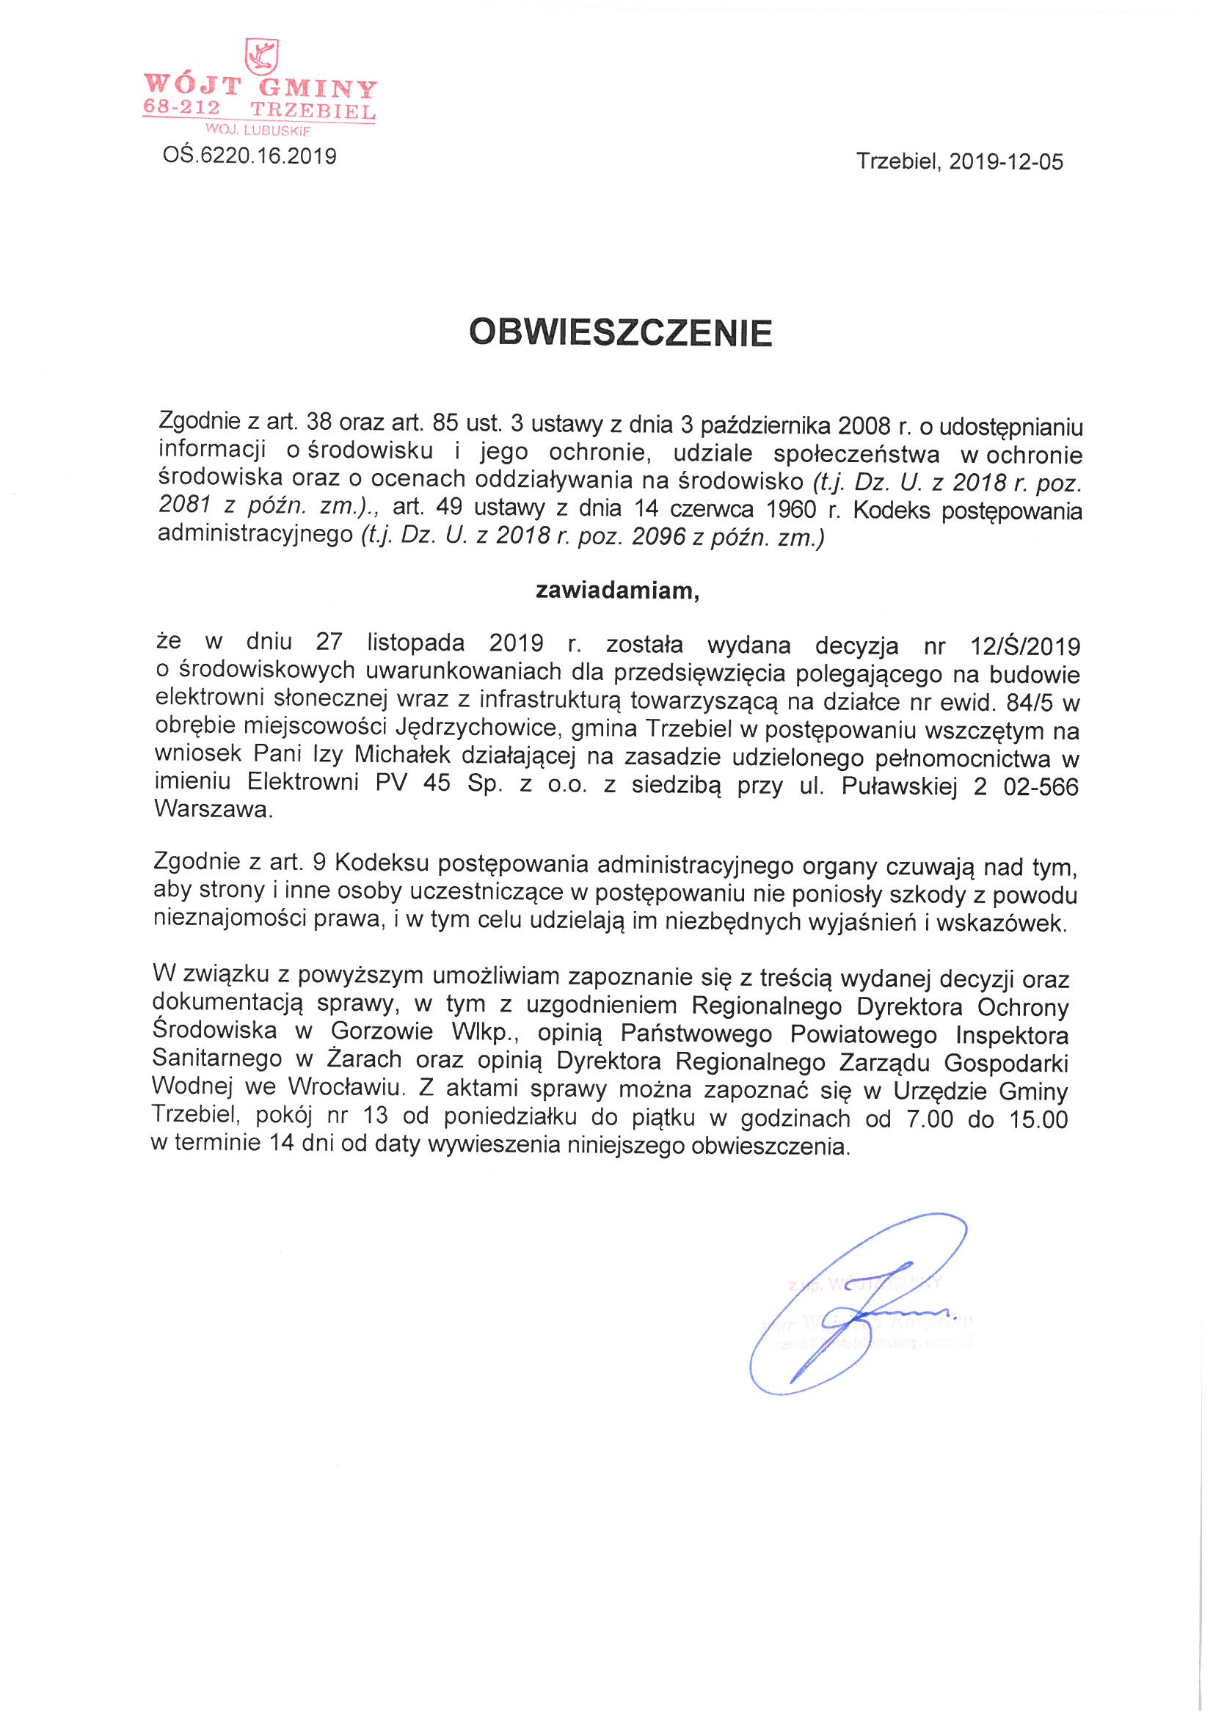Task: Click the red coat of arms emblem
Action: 261,56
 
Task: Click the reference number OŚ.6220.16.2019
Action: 249,156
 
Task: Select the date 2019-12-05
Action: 1006,162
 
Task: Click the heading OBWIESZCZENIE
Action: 620,333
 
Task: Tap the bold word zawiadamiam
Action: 616,591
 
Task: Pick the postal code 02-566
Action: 1041,786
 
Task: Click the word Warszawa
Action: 212,810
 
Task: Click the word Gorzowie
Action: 382,1031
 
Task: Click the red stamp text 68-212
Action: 181,108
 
